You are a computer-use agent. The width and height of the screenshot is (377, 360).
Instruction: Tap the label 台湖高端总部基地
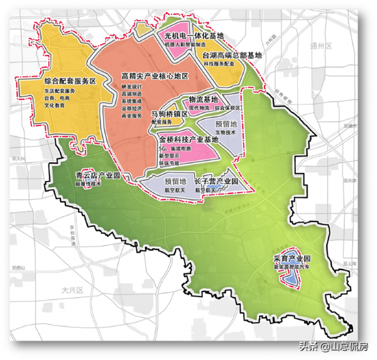coord(232,55)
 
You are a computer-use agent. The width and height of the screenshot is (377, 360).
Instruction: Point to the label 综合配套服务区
coord(69,82)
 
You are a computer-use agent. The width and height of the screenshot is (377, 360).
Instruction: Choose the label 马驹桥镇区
coord(172,114)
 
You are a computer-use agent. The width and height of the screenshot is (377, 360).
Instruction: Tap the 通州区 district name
coord(320,46)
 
